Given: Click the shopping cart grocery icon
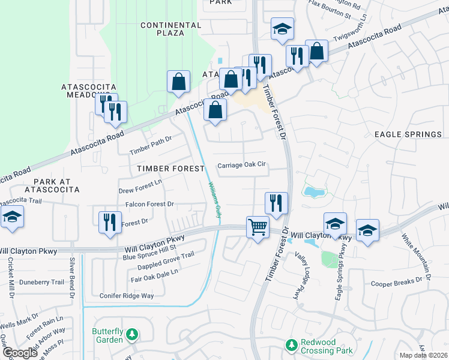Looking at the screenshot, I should pos(258,227).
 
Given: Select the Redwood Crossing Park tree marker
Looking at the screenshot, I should pos(291,346).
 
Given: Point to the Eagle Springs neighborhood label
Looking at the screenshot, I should pos(408,135).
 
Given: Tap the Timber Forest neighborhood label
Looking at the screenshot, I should pos(170,169).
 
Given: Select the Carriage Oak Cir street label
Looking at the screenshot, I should pos(241,165).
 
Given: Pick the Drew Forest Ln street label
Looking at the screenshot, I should pos(141,186).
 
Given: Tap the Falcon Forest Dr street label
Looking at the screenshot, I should pos(149,205).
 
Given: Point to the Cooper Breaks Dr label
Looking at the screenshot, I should pos(397,283).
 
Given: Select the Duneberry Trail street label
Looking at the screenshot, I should pos(41,281).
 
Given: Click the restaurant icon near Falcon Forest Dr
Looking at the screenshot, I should pos(108,221).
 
